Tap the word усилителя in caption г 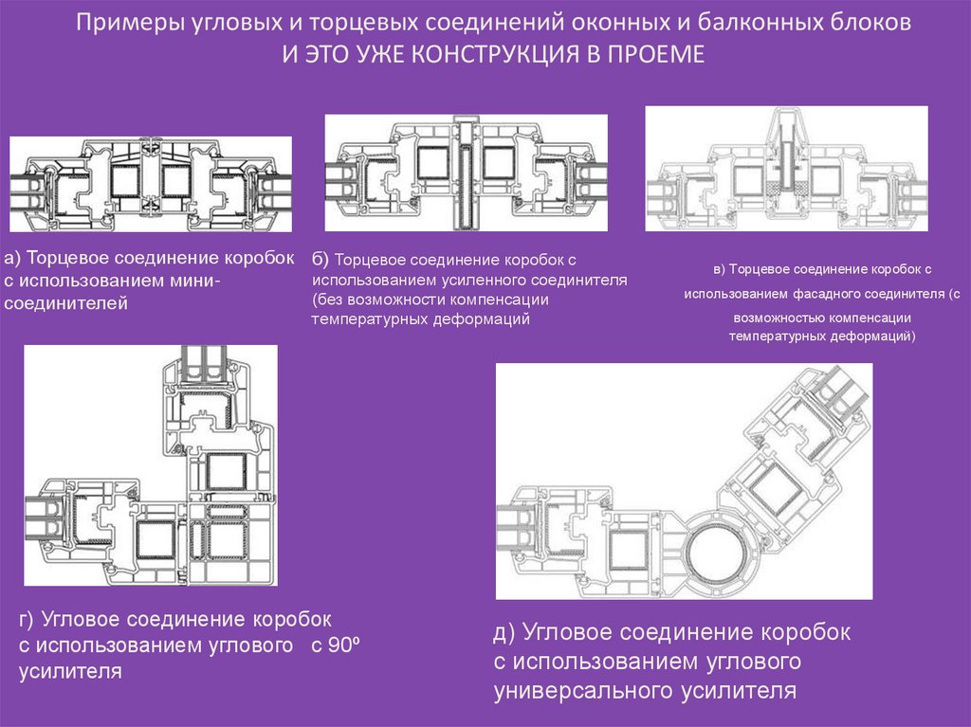(71, 672)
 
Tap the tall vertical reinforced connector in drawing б (466, 174)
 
